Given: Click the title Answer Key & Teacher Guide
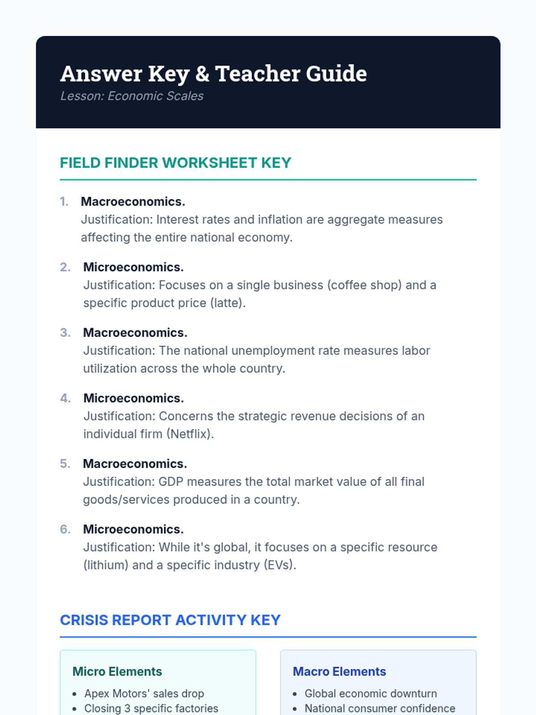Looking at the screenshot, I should click(214, 74).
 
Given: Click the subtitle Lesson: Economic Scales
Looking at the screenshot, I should click(132, 96).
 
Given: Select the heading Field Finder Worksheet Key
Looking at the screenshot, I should click(175, 163).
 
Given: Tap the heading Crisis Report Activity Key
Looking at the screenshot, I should click(170, 620).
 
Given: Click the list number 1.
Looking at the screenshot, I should click(64, 202).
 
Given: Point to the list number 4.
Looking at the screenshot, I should click(65, 398).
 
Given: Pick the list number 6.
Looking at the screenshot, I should click(65, 530).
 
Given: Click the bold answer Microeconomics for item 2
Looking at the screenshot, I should click(133, 267).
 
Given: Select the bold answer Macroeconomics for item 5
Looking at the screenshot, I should click(134, 464).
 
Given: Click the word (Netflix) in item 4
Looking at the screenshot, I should click(190, 434).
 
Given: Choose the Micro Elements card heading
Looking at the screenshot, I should click(117, 672).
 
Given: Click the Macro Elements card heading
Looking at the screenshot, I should click(339, 672).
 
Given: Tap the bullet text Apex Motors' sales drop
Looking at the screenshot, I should click(144, 694).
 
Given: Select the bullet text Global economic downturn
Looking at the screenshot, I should click(370, 694).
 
